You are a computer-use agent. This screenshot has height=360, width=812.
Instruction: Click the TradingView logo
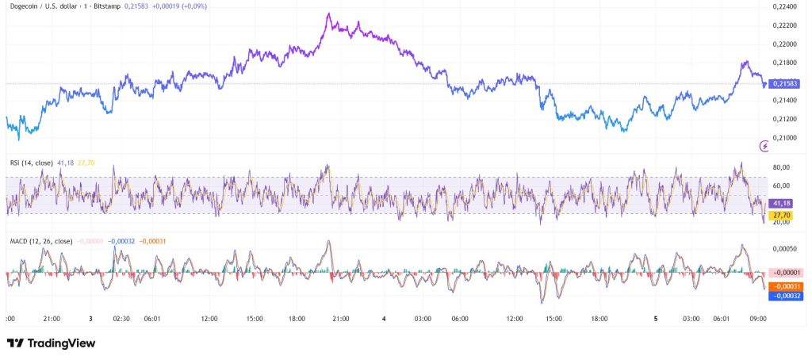pyautogui.click(x=51, y=343)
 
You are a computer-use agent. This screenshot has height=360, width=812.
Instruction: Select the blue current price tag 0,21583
pyautogui.click(x=783, y=83)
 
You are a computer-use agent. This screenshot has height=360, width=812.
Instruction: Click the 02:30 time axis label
pyautogui.click(x=121, y=319)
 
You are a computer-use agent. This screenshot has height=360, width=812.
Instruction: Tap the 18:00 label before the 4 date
pyautogui.click(x=297, y=319)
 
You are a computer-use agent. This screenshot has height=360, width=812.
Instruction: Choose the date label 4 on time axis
pyautogui.click(x=384, y=319)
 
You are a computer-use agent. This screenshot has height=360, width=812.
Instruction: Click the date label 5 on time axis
pyautogui.click(x=656, y=319)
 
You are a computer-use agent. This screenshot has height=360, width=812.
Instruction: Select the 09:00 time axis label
pyautogui.click(x=757, y=319)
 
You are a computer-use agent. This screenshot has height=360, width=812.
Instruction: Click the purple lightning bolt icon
pyautogui.click(x=764, y=145)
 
